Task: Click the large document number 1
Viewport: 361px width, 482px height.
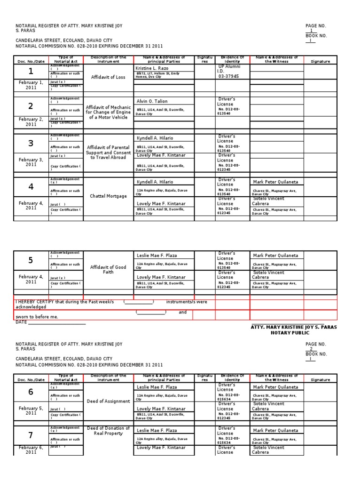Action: (31, 72)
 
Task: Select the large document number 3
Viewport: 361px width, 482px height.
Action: (31, 144)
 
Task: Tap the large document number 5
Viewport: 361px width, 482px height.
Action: (31, 260)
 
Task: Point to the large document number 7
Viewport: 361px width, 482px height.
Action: (31, 434)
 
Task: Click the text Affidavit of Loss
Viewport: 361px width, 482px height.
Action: (108, 77)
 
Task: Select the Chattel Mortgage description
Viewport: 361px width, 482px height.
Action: (108, 196)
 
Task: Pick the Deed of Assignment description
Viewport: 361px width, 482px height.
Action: (108, 401)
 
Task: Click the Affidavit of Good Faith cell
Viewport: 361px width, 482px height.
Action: (108, 269)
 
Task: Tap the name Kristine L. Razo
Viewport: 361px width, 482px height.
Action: (151, 69)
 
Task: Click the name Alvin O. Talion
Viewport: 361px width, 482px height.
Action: (151, 101)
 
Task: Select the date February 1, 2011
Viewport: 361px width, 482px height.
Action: (31, 85)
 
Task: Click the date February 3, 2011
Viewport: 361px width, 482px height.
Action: (31, 162)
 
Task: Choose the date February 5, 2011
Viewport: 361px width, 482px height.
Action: (31, 410)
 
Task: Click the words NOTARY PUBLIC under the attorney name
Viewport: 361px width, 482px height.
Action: (290, 333)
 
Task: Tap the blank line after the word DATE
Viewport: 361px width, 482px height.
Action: (57, 322)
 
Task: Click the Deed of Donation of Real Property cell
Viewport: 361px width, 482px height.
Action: (108, 431)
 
